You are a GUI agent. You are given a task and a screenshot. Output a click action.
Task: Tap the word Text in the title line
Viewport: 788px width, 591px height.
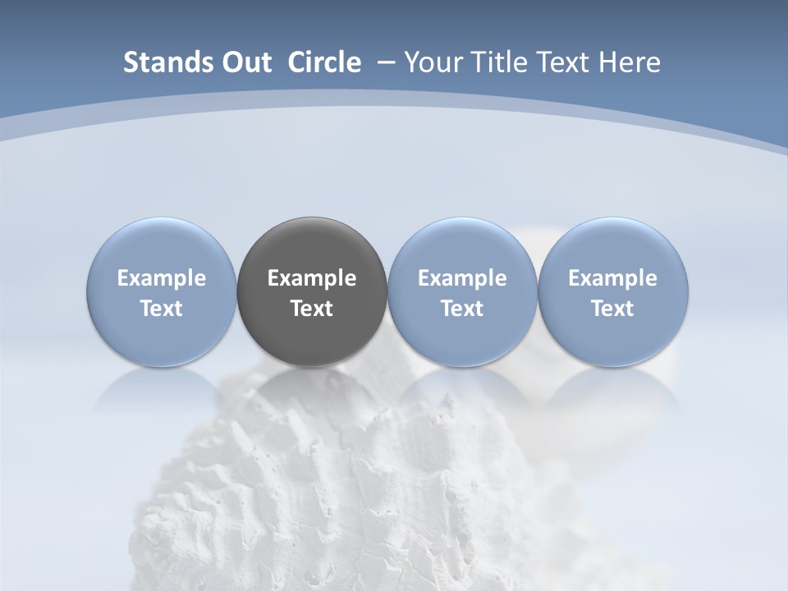(x=560, y=62)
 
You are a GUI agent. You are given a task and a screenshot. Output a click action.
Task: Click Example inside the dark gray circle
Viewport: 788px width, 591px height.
(x=312, y=278)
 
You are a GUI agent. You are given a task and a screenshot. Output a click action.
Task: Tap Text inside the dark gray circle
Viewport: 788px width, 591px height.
(x=312, y=309)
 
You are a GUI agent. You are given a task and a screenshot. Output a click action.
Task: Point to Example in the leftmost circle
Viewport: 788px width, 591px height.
(x=162, y=278)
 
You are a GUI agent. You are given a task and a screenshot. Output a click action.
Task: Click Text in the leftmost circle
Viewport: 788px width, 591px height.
(x=162, y=309)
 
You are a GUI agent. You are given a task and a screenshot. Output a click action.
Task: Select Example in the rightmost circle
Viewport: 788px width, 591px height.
(x=613, y=278)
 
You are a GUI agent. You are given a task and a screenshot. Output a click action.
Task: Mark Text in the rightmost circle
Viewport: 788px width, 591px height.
(x=613, y=309)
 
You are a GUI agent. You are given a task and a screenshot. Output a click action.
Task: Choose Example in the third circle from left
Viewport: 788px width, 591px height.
(x=462, y=278)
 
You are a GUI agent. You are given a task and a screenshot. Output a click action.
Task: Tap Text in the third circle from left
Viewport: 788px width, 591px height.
(x=462, y=309)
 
